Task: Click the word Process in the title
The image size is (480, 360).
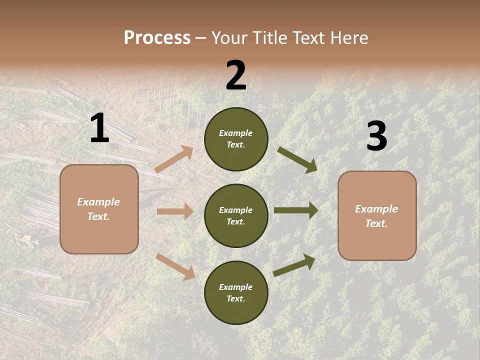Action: click(157, 38)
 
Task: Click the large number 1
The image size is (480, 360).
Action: click(99, 128)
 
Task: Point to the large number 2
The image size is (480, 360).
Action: click(236, 75)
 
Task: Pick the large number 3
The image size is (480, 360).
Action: click(376, 136)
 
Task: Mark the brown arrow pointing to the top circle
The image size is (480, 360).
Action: click(174, 159)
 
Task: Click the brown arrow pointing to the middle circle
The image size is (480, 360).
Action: click(175, 211)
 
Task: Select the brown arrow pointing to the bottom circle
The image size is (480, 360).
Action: click(175, 266)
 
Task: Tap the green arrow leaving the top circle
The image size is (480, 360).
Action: click(297, 159)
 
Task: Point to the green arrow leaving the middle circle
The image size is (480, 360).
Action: click(296, 210)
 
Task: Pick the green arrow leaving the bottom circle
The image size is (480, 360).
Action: click(294, 265)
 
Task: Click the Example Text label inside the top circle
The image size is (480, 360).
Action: click(236, 139)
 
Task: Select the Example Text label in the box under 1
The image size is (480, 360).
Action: click(99, 209)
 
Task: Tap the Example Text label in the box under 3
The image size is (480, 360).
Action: click(377, 216)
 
